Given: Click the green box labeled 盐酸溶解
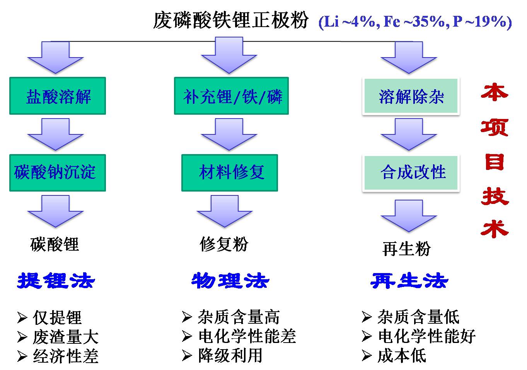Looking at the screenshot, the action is [x=58, y=96].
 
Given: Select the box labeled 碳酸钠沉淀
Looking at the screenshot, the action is [x=58, y=173].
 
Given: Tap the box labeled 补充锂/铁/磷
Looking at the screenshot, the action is [x=231, y=96].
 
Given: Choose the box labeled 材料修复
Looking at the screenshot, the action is [x=230, y=173].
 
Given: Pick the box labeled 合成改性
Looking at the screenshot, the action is [x=411, y=173].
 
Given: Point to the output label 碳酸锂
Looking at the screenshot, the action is [x=55, y=245].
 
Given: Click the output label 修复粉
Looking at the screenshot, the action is [x=224, y=244].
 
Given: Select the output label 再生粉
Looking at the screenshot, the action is [x=407, y=249].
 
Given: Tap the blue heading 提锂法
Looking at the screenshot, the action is [x=56, y=281].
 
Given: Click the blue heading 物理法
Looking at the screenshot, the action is [x=230, y=281].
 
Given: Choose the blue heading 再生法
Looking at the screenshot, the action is [x=409, y=281].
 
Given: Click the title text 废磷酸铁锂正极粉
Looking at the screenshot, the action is [x=231, y=20].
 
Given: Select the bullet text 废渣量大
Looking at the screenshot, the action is [x=66, y=337].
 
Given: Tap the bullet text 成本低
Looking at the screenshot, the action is [x=402, y=355].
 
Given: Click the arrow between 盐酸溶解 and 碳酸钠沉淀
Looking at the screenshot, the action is [x=56, y=134].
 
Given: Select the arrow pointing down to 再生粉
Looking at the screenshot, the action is [x=409, y=216].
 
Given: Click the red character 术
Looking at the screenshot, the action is [x=495, y=229].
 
